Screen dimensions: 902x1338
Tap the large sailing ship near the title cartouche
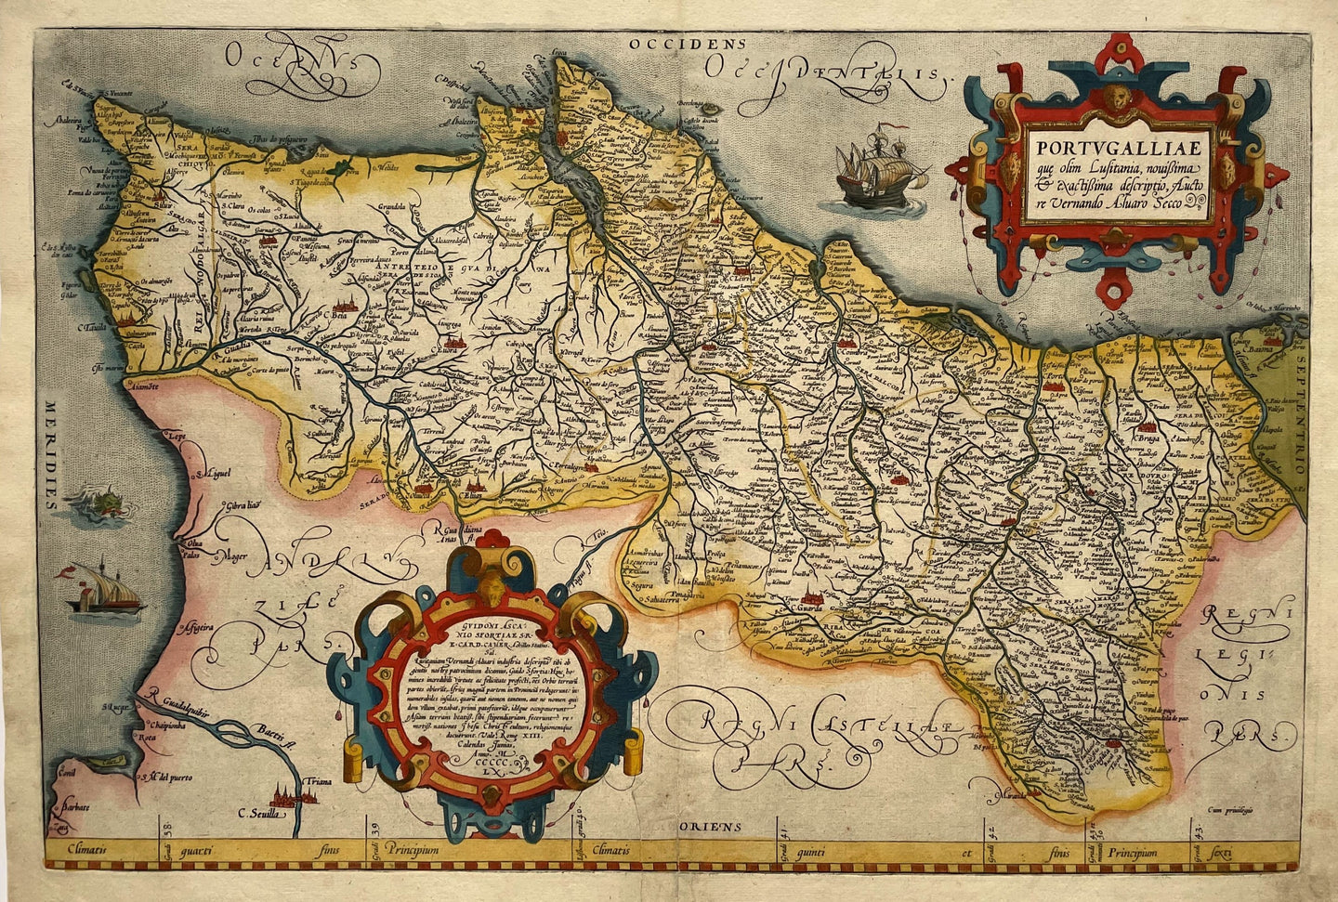point(878,171)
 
